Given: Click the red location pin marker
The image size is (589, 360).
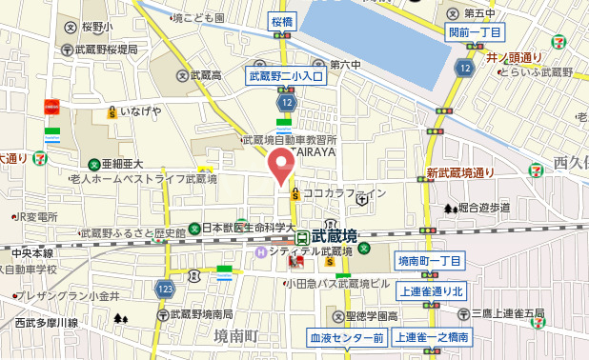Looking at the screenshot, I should (x=278, y=165).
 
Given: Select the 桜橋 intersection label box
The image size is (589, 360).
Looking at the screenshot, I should (x=281, y=20).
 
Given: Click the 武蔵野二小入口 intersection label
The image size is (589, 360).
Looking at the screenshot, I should (x=287, y=74).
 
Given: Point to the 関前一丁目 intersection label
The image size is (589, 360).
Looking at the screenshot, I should (x=475, y=32).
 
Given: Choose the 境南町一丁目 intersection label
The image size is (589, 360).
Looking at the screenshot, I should (x=429, y=261).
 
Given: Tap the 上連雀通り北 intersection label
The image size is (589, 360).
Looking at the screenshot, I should (x=431, y=291).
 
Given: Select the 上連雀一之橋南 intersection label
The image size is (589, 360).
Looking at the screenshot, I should (x=431, y=337).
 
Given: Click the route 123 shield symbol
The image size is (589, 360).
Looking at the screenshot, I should (x=167, y=288).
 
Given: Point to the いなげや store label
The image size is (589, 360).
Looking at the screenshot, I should (x=140, y=111).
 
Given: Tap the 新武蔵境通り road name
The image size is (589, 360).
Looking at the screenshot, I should (x=460, y=173).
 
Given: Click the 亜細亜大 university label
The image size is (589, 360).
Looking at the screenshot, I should (x=122, y=164).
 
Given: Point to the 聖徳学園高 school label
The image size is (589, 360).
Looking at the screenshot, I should (x=371, y=315).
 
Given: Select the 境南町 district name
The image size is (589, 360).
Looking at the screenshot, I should (x=236, y=335).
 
